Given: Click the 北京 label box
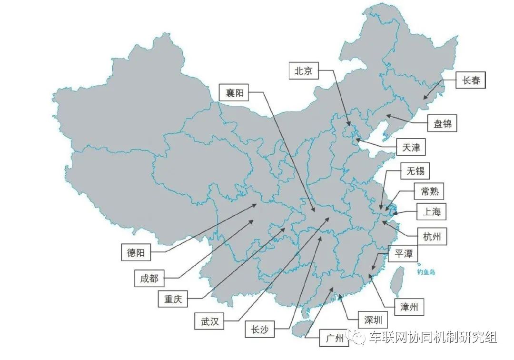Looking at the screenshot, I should (303, 71).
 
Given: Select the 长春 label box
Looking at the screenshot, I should (471, 80).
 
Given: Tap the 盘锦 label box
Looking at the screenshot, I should (442, 124).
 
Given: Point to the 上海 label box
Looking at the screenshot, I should (432, 212).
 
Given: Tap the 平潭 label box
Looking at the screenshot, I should (403, 254).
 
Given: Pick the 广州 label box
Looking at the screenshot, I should (334, 339).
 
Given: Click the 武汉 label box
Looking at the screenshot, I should (209, 321).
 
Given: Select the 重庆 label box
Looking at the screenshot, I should (173, 300).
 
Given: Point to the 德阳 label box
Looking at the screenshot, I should (135, 253).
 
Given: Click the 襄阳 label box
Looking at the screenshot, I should (234, 93).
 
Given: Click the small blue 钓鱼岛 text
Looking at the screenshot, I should (426, 272).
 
